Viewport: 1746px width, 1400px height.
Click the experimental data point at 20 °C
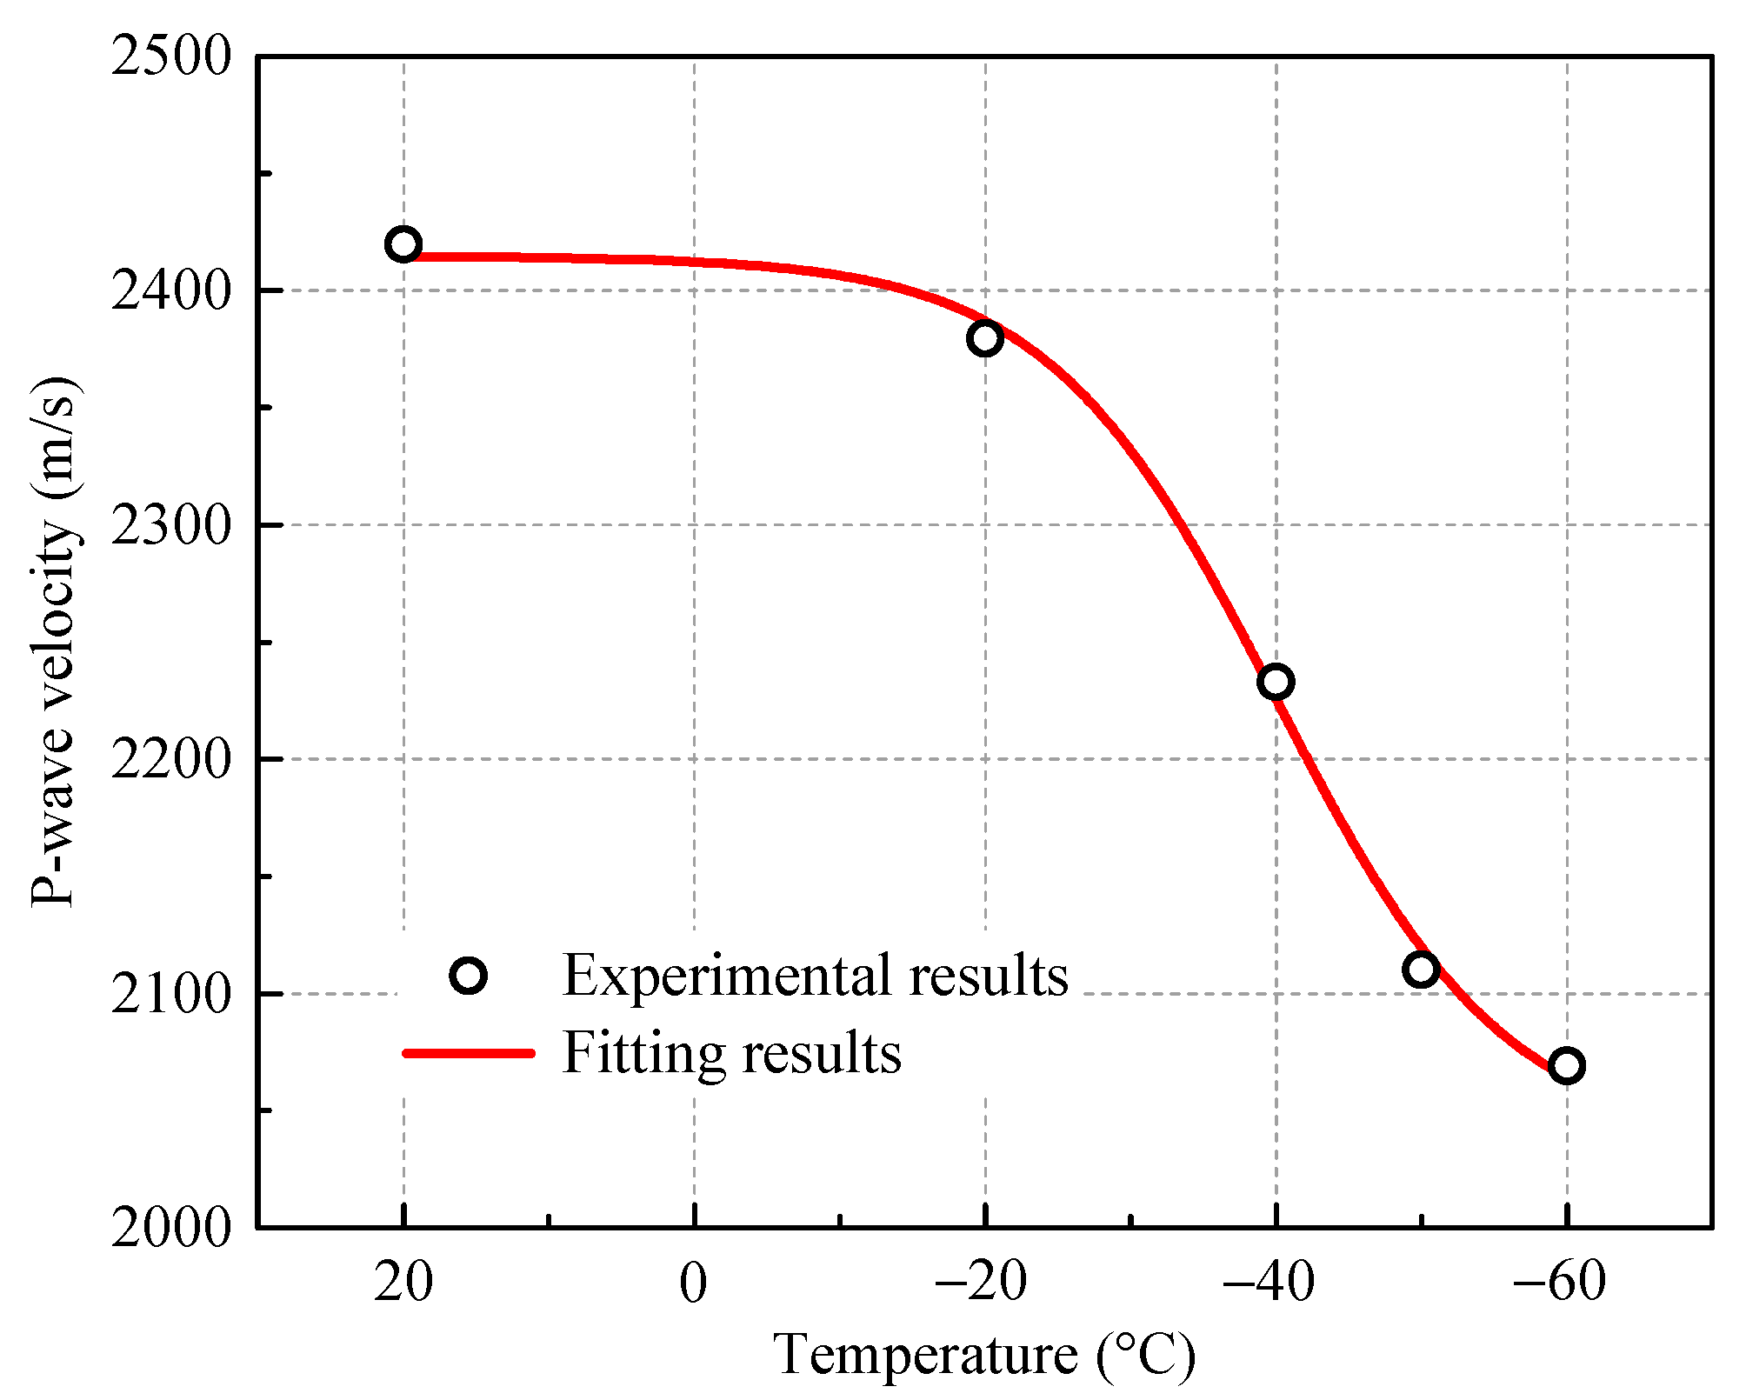click(403, 244)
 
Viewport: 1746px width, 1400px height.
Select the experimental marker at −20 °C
click(984, 338)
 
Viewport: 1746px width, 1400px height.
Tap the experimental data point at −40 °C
click(1276, 682)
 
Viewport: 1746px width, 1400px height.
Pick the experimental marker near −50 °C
click(1421, 969)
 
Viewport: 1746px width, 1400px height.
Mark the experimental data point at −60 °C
click(1566, 1065)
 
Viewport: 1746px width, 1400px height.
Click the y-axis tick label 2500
click(171, 57)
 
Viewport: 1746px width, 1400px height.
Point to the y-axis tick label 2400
click(171, 291)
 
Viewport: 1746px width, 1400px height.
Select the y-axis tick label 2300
click(171, 525)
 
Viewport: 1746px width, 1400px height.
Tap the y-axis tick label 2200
click(171, 759)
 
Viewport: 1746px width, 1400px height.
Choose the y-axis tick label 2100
click(171, 994)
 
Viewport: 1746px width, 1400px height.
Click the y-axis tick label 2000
click(171, 1228)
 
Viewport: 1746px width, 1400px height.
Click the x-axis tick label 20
click(403, 1282)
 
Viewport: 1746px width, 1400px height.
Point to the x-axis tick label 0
click(693, 1282)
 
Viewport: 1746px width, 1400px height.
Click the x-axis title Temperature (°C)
click(984, 1355)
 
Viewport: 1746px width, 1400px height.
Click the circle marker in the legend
click(469, 976)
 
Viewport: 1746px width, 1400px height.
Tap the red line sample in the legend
click(469, 1052)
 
